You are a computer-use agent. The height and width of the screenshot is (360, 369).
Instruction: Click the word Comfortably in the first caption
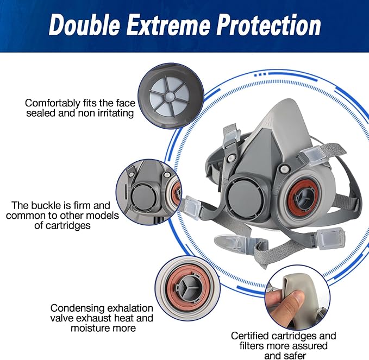click(x=53, y=104)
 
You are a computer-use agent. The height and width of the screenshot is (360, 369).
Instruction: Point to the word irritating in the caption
click(x=114, y=113)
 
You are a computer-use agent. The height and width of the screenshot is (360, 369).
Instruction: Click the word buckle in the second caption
click(x=48, y=205)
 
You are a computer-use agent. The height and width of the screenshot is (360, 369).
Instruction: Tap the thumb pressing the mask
click(x=284, y=305)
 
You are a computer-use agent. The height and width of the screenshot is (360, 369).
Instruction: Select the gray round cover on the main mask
click(x=244, y=198)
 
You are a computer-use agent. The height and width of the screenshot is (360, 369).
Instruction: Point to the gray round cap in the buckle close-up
click(x=141, y=197)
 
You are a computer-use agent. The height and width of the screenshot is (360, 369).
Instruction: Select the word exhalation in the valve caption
click(x=129, y=308)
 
